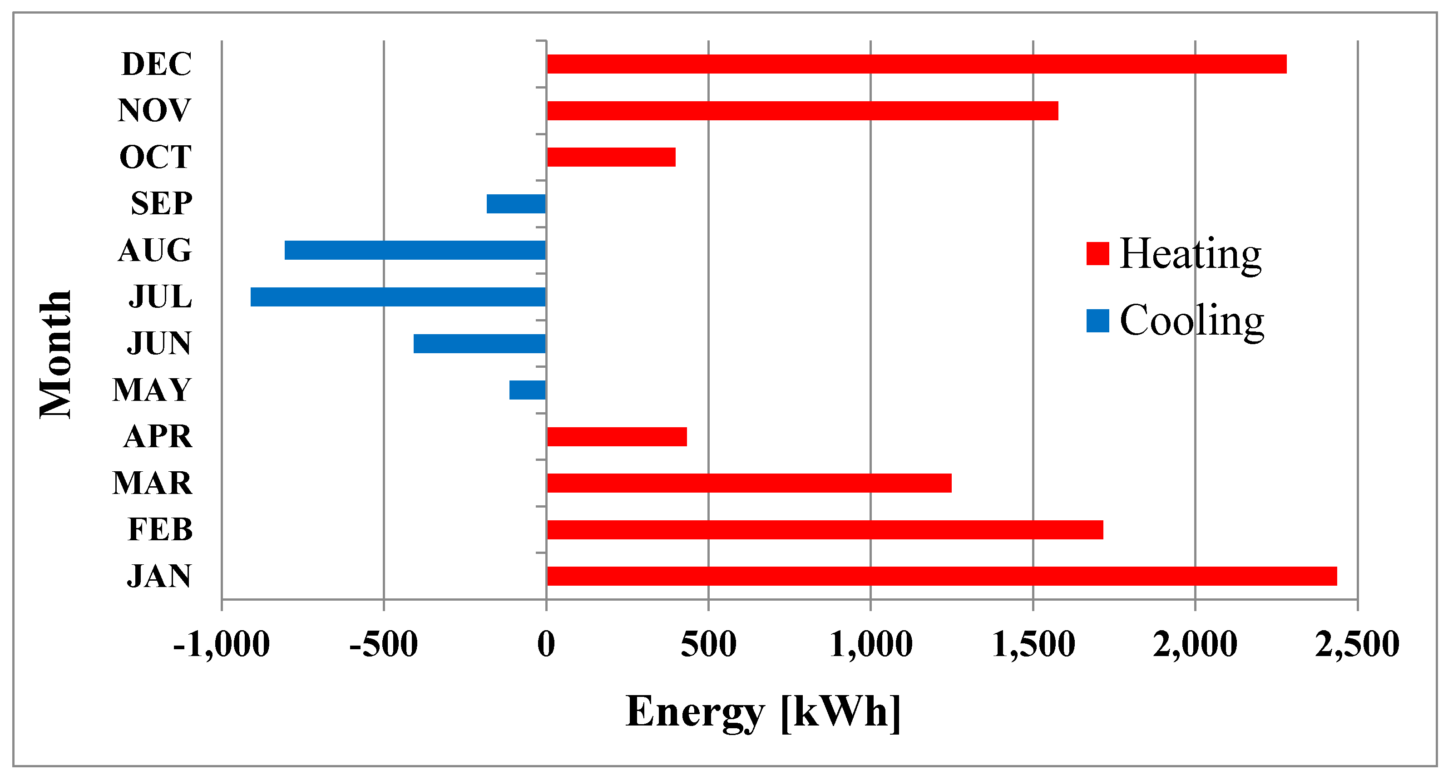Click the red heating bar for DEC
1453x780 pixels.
[x=916, y=64]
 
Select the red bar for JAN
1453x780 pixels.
[x=941, y=576]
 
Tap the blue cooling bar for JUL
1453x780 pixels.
[x=398, y=296]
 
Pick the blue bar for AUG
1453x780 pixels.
[x=415, y=250]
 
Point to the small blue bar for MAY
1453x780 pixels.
[x=527, y=390]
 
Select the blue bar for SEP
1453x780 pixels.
[x=516, y=203]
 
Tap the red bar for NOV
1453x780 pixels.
[x=802, y=110]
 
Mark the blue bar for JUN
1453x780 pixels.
[x=479, y=344]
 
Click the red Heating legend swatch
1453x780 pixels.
[x=1097, y=253]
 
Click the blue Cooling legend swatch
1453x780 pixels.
[x=1097, y=321]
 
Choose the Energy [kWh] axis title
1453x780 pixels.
[x=763, y=712]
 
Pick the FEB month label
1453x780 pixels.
[x=160, y=529]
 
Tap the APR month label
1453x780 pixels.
[x=158, y=436]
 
